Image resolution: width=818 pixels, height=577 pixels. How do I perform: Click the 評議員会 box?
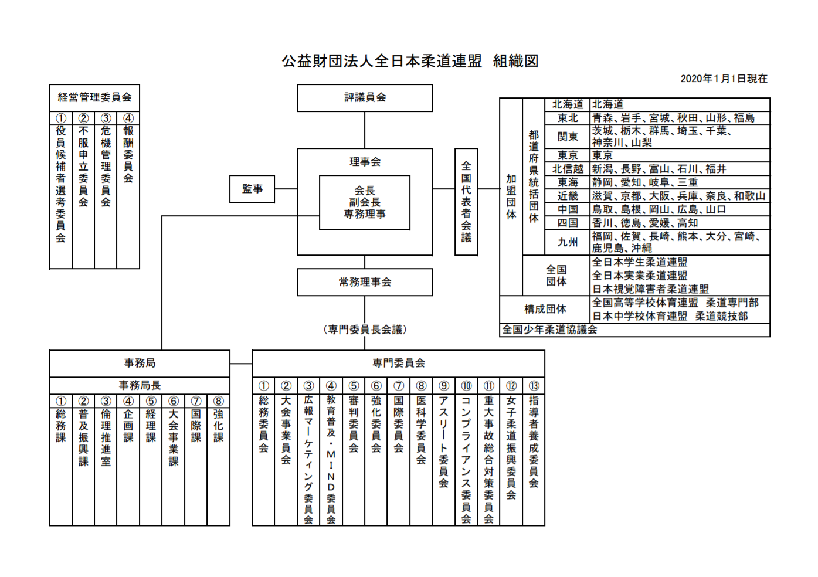pyautogui.click(x=365, y=98)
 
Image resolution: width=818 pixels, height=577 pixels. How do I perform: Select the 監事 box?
pyautogui.click(x=252, y=189)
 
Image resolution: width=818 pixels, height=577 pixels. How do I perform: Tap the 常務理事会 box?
pyautogui.click(x=365, y=282)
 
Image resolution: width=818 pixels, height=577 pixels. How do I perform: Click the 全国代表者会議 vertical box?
pyautogui.click(x=466, y=202)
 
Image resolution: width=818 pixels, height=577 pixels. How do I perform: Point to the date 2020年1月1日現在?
pyautogui.click(x=724, y=79)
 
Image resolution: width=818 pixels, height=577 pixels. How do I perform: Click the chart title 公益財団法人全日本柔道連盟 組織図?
pyautogui.click(x=410, y=61)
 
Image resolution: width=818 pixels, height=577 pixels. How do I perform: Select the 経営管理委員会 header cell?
pyautogui.click(x=94, y=98)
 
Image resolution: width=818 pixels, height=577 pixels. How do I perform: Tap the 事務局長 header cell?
pyautogui.click(x=140, y=385)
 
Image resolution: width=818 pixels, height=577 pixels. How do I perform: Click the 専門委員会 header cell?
pyautogui.click(x=398, y=364)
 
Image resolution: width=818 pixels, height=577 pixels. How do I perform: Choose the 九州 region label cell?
pyautogui.click(x=568, y=242)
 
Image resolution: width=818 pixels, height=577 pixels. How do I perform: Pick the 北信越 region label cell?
pyautogui.click(x=568, y=169)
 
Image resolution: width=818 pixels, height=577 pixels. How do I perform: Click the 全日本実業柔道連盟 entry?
pyautogui.click(x=640, y=276)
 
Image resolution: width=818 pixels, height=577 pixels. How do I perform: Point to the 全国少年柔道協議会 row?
pyautogui.click(x=549, y=330)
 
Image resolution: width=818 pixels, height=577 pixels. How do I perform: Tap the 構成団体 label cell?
pyautogui.click(x=545, y=309)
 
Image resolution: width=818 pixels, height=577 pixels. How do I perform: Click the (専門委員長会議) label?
pyautogui.click(x=365, y=330)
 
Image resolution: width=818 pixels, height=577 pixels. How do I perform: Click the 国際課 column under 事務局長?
pyautogui.click(x=196, y=425)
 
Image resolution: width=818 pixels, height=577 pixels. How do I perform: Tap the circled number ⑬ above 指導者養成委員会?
pyautogui.click(x=534, y=386)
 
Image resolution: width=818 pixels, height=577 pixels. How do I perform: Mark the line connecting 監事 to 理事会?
pyautogui.click(x=286, y=189)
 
